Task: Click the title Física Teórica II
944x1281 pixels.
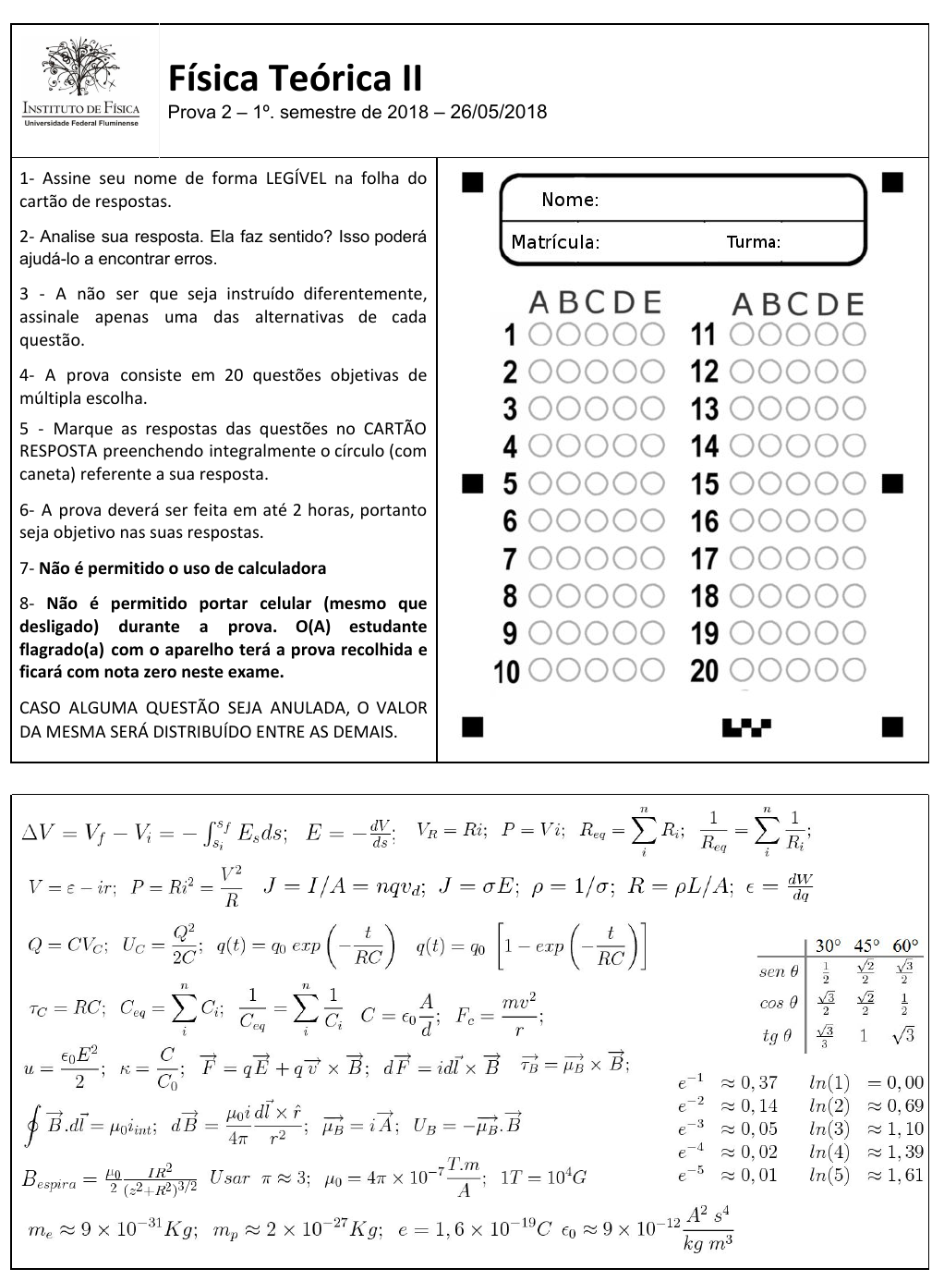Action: (x=295, y=79)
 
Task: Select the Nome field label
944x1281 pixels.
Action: (x=569, y=200)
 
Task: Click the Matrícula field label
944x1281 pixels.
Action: (x=555, y=243)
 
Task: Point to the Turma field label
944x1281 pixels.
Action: (x=753, y=243)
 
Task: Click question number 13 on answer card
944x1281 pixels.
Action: (x=704, y=409)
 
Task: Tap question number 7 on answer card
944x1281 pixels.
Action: (x=509, y=559)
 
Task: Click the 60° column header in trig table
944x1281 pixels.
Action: (x=904, y=945)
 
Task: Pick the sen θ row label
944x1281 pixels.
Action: (x=778, y=971)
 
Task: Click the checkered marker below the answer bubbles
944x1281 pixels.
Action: (x=747, y=727)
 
